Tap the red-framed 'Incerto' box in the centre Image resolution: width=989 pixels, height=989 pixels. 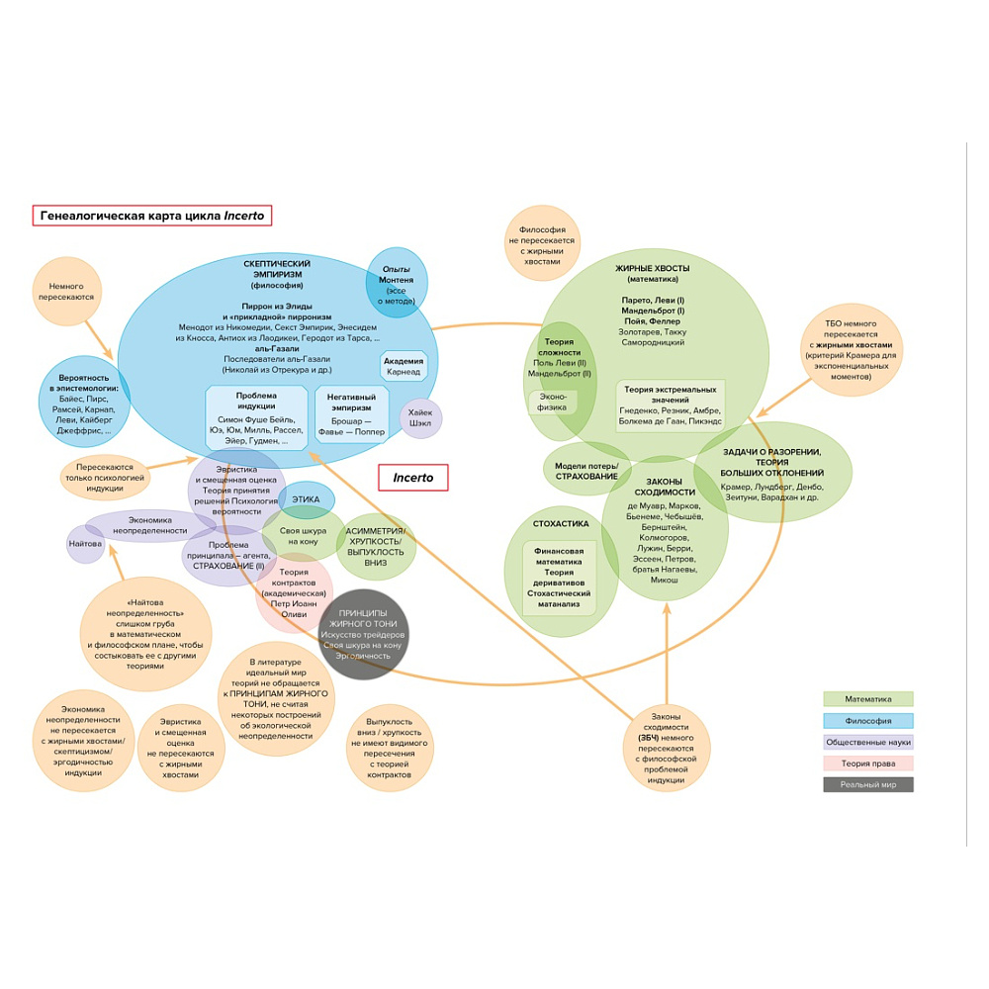pos(413,478)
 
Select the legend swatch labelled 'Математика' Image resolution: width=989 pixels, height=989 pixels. pos(867,699)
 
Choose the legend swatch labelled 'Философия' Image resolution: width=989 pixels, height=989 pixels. pos(867,721)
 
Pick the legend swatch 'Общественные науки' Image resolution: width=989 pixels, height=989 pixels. pos(867,742)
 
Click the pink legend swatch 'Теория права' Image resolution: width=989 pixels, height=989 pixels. pos(867,764)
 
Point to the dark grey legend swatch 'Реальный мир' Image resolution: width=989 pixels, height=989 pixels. pos(867,784)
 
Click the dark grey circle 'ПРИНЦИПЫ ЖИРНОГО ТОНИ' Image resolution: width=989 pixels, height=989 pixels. pos(363,634)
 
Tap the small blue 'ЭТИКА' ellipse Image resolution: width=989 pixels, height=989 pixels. pos(307,500)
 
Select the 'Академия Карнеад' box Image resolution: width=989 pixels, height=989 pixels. pos(403,366)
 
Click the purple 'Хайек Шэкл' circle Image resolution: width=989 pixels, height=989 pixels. pos(420,418)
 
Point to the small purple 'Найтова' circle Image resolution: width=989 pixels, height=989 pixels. pos(85,544)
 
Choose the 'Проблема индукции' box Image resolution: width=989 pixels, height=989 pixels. pos(257,414)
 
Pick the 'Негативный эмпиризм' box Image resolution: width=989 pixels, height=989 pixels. pos(351,414)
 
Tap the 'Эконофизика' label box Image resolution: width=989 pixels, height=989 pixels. pos(552,401)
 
